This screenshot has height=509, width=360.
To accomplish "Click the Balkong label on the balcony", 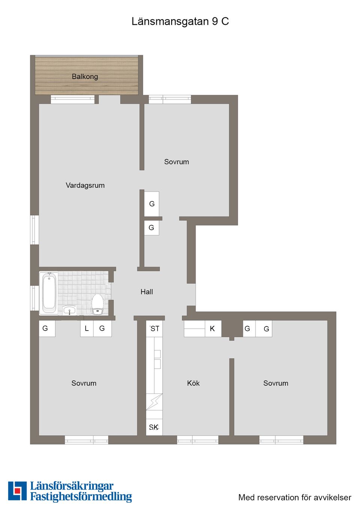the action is pyautogui.click(x=85, y=76).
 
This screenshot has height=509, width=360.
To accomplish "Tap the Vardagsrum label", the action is pyautogui.click(x=85, y=186).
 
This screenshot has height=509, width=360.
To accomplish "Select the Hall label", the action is pyautogui.click(x=147, y=292).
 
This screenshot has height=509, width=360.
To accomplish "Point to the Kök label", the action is pyautogui.click(x=193, y=383).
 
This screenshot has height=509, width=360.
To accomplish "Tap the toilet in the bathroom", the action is pyautogui.click(x=97, y=304).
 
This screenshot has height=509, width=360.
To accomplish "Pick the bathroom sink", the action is pyautogui.click(x=69, y=310).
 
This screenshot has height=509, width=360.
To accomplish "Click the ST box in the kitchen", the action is pyautogui.click(x=154, y=329).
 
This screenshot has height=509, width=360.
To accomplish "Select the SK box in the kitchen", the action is pyautogui.click(x=154, y=427).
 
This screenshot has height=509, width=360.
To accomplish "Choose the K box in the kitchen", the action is pyautogui.click(x=213, y=329).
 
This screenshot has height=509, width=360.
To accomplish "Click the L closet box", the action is pyautogui.click(x=87, y=328).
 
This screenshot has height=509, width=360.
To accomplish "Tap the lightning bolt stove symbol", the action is pyautogui.click(x=154, y=402).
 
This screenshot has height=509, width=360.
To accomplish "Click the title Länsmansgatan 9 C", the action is pyautogui.click(x=180, y=22).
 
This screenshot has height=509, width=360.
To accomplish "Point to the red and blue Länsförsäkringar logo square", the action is pyautogui.click(x=17, y=491).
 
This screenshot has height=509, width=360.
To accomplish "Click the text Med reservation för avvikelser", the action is pyautogui.click(x=295, y=497).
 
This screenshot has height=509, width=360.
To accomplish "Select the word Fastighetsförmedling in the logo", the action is pyautogui.click(x=81, y=497).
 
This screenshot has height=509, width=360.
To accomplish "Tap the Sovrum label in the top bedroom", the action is pyautogui.click(x=176, y=162).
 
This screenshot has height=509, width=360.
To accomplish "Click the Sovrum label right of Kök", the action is pyautogui.click(x=276, y=383).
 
